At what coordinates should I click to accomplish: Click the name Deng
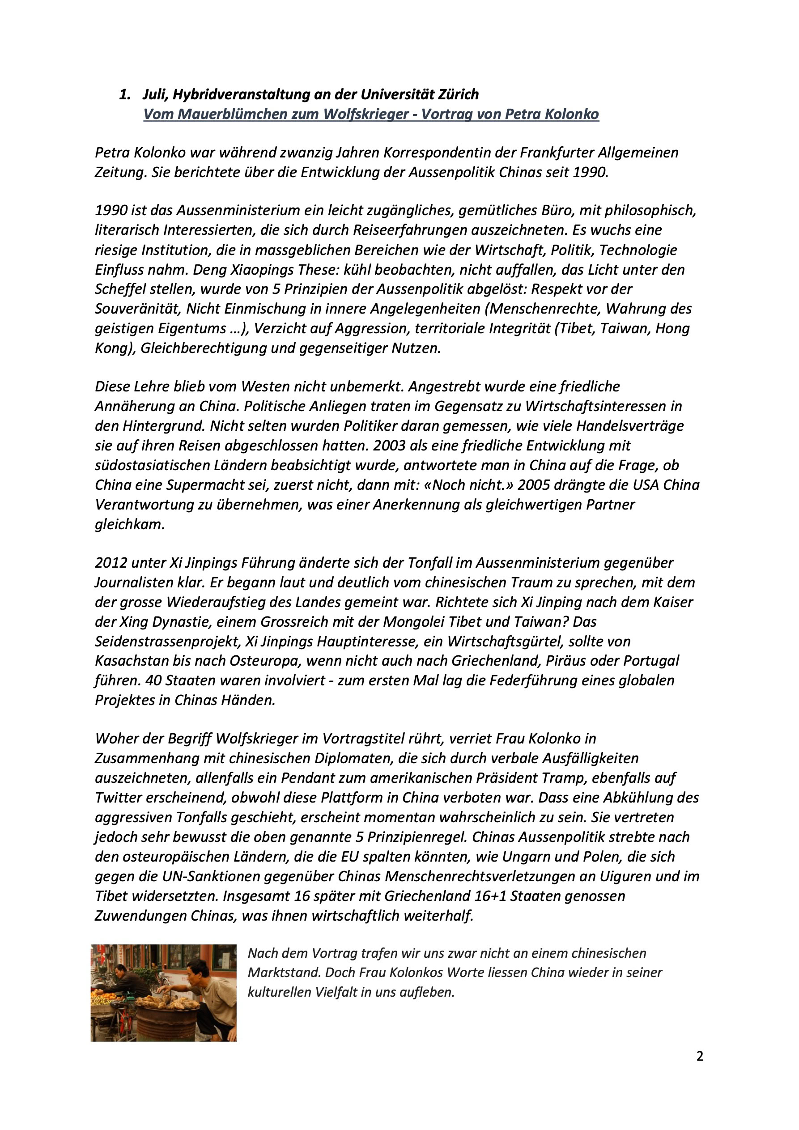[207, 270]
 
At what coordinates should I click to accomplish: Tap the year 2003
[389, 446]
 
